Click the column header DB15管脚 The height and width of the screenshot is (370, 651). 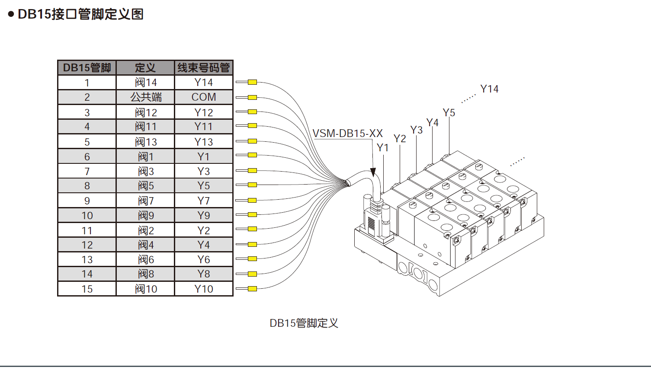87,68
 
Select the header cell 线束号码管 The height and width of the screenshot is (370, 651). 203,68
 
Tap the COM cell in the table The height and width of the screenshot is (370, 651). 203,97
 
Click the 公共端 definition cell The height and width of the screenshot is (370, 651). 146,97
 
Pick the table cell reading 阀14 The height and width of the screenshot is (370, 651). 146,83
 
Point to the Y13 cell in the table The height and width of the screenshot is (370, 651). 203,142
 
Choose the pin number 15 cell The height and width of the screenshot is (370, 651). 87,289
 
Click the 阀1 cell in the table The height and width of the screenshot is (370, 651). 146,157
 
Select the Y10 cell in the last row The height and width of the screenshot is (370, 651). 203,289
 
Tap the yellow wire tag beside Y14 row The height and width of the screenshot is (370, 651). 252,82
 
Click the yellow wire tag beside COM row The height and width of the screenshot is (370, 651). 252,97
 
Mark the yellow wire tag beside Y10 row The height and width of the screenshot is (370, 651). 252,289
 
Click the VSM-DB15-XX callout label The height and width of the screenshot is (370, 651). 348,133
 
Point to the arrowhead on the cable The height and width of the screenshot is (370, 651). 373,172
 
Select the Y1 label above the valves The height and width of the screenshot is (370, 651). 383,148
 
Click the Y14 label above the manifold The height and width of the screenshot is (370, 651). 489,89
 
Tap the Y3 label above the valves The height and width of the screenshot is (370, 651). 417,130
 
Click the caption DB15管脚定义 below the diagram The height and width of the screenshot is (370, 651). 304,323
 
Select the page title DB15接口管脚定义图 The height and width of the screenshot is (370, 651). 81,14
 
